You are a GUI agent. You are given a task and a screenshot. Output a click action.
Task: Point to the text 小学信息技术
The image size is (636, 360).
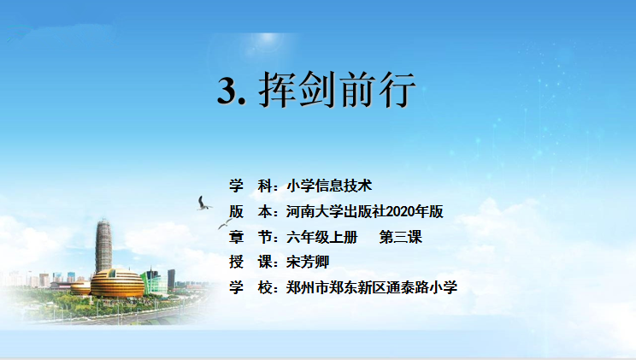329,186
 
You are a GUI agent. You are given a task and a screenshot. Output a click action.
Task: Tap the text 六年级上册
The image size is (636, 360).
321,237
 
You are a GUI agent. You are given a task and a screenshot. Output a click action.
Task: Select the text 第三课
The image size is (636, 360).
400,237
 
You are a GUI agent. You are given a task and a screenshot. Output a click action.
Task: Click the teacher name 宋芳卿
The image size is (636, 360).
308,263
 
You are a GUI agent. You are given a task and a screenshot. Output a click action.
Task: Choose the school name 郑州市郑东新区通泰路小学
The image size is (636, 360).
372,287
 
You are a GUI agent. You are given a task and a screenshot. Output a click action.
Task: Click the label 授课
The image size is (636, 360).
250,263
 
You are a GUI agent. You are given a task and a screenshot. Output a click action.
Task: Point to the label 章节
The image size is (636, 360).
250,237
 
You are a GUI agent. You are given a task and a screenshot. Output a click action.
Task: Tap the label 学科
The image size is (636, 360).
250,186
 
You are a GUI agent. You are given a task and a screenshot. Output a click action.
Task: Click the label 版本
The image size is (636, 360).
250,211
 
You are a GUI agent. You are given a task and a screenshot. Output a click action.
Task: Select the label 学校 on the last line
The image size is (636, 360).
250,287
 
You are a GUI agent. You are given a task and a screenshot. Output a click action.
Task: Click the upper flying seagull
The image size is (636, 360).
203,204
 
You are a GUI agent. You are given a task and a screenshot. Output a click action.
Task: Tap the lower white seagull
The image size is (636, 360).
224,223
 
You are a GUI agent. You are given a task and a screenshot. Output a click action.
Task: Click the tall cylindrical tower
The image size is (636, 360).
103,246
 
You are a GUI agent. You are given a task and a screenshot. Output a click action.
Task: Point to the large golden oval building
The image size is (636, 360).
117,283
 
